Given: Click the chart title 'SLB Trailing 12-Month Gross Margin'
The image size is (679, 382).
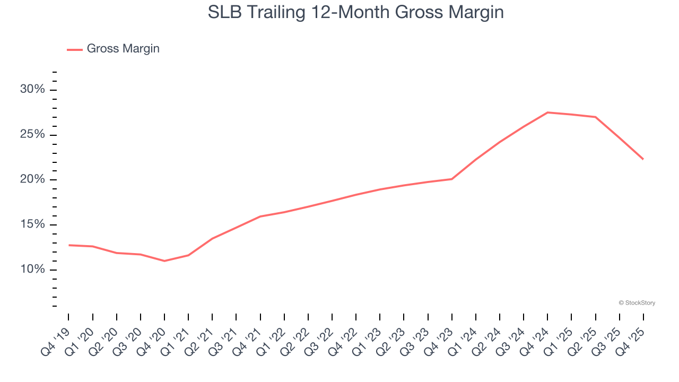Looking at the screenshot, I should pos(355,12).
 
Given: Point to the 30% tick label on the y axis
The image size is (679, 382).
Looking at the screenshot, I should pos(32,89).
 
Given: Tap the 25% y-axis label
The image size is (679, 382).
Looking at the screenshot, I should pos(32,134).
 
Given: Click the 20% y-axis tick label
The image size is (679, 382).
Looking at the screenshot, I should pos(32,179).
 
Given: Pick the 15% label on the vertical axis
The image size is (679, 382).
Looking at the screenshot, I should pos(32,224).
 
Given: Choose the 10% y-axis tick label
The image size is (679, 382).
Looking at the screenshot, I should pos(32,270).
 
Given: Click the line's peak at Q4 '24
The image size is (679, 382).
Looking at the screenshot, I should pos(547,112).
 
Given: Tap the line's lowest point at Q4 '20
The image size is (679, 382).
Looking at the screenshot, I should pos(164,261).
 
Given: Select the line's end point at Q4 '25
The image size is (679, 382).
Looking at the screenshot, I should pos(643,159).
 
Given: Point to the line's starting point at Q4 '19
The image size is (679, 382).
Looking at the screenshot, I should pos(69,245).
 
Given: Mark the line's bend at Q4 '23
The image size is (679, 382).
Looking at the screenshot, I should pos(452,179).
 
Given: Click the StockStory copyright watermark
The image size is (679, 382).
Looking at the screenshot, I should pos(637,303).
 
